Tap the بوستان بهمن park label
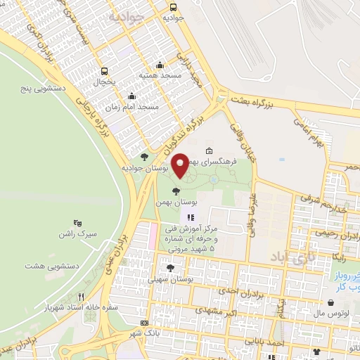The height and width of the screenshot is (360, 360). [x=176, y=201]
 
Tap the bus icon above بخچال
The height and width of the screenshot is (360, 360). [x=104, y=71]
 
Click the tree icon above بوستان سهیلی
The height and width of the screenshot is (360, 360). [x=169, y=267]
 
